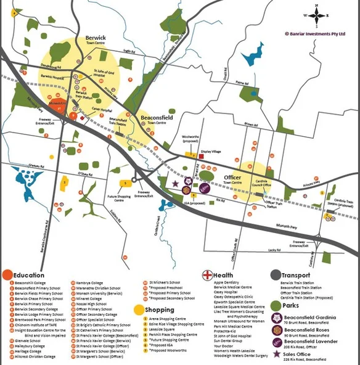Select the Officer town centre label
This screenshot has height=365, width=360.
click(232, 179)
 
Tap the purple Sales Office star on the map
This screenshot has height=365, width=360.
click(176, 183)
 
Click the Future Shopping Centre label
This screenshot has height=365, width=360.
click(121, 199)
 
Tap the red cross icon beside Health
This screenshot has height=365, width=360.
click(207, 275)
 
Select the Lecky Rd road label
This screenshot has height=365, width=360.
click(274, 250)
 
